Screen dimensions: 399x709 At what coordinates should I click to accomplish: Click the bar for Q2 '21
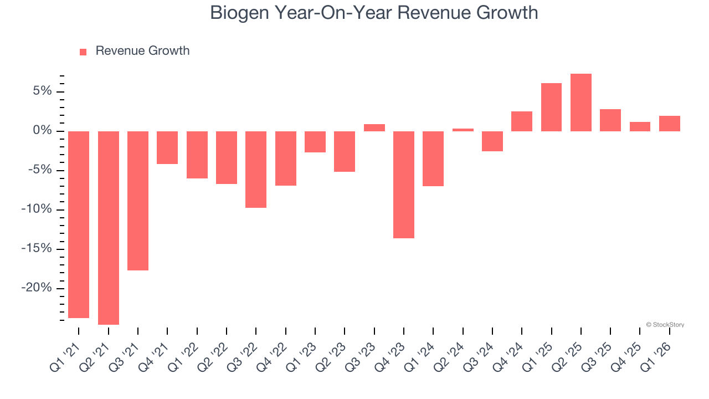click(108, 227)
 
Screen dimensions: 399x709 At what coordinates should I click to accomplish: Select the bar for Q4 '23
click(404, 185)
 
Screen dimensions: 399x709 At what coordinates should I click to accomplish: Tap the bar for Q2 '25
click(581, 103)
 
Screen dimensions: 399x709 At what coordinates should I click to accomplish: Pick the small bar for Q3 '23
click(374, 127)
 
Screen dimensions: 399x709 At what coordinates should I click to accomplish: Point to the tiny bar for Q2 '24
click(463, 130)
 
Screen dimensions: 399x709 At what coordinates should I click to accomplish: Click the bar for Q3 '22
click(256, 170)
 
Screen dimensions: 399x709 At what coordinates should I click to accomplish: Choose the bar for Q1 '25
click(551, 107)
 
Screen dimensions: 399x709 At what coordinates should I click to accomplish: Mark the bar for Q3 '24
click(492, 141)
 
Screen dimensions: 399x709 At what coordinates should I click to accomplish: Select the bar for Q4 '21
click(167, 147)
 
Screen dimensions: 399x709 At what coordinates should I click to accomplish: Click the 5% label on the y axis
click(42, 91)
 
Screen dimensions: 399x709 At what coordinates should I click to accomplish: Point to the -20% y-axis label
click(37, 288)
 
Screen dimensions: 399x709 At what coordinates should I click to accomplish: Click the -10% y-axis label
click(37, 209)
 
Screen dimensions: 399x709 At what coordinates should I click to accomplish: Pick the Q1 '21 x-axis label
click(65, 356)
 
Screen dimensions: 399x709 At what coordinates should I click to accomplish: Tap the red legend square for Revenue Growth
click(83, 52)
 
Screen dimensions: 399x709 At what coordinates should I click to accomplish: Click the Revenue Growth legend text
click(142, 51)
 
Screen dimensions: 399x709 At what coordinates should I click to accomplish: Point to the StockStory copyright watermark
click(665, 325)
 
